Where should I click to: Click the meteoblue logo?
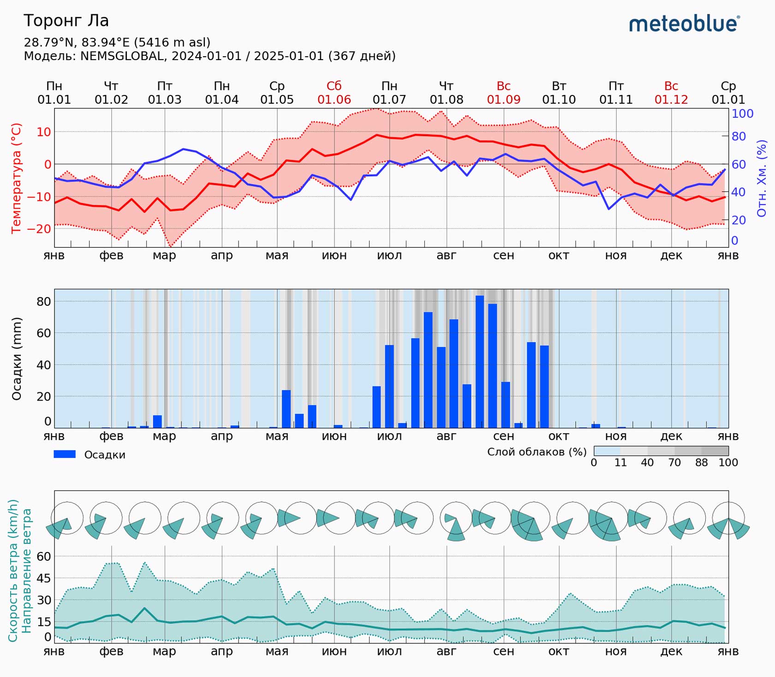[x=684, y=24]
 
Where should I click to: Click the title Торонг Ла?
[x=66, y=21]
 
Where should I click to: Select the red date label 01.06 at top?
[x=334, y=100]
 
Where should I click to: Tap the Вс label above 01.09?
[x=503, y=86]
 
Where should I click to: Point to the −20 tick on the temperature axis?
[x=39, y=229]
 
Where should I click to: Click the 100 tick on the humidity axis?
[x=742, y=114]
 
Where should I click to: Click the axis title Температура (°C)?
[x=16, y=178]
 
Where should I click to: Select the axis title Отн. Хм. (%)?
[x=762, y=178]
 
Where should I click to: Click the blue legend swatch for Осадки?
[x=65, y=454]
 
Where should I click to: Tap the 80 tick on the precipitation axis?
[x=43, y=301]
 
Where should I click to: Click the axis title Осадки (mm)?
[x=17, y=359]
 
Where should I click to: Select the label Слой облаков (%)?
[x=537, y=451]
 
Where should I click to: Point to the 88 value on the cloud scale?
[x=701, y=462]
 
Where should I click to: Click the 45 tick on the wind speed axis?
[x=44, y=578]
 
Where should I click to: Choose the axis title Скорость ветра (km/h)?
[x=13, y=570]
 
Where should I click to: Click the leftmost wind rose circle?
[x=67, y=518]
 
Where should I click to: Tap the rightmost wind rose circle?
[x=728, y=518]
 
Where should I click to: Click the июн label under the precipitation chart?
[x=334, y=436]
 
